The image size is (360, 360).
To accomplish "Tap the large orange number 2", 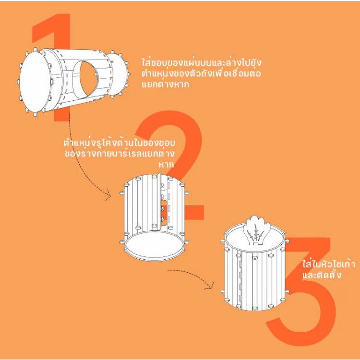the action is [x=193, y=143].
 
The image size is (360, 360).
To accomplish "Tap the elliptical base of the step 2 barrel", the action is [x=154, y=245].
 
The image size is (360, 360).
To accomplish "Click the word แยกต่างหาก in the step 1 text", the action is [x=165, y=84].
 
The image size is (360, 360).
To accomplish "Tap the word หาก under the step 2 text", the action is [x=167, y=164].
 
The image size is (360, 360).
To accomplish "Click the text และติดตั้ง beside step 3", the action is [x=322, y=275].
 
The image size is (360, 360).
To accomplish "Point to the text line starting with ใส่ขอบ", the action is [x=201, y=62].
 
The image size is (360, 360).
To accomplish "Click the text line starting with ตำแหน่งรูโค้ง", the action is [x=120, y=143].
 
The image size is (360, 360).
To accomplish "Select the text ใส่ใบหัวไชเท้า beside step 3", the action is [x=328, y=264].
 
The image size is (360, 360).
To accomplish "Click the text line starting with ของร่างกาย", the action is [x=120, y=154].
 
